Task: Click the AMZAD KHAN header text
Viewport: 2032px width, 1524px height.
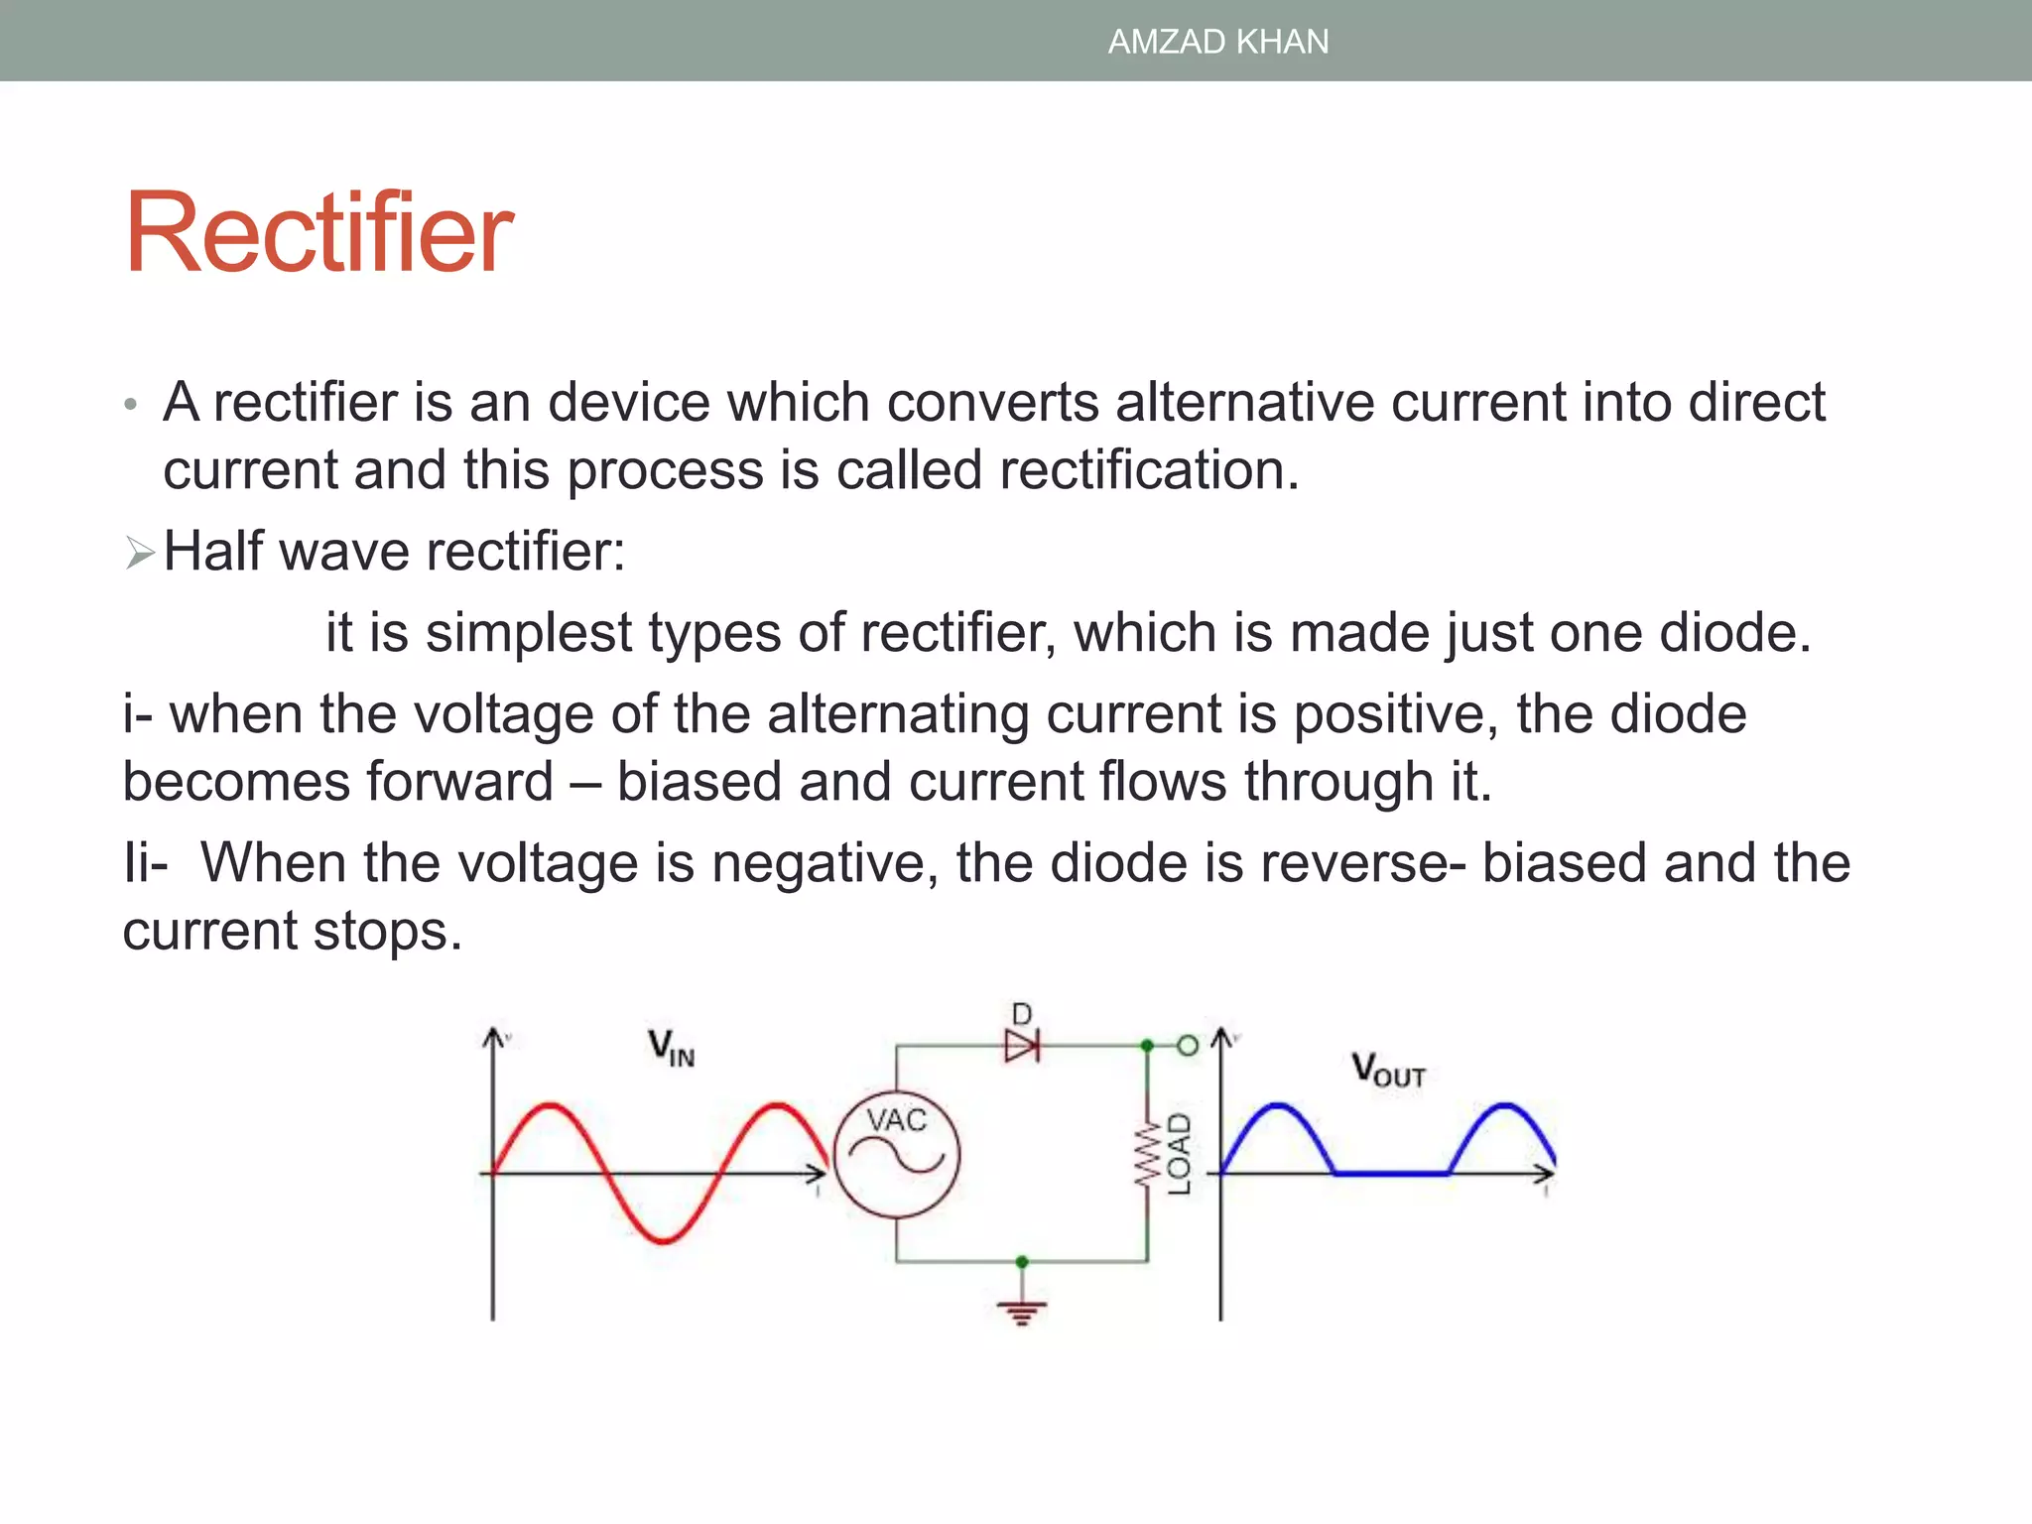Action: click(x=1217, y=42)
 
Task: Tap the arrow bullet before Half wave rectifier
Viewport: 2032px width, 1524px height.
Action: click(x=140, y=553)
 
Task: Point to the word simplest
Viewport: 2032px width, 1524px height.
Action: click(x=529, y=632)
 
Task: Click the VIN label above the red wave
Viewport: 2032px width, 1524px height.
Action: click(x=672, y=1048)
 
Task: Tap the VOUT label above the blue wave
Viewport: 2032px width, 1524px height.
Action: click(x=1388, y=1071)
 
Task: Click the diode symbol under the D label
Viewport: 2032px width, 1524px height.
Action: click(x=1022, y=1046)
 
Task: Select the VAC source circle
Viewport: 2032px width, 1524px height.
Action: click(x=897, y=1154)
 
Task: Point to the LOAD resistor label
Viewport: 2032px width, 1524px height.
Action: click(x=1179, y=1154)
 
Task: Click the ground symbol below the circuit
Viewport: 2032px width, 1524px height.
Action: click(x=1022, y=1314)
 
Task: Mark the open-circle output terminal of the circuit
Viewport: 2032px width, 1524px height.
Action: click(x=1188, y=1046)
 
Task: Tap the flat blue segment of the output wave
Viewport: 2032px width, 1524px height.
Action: click(x=1391, y=1174)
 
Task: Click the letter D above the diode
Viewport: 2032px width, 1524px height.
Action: click(x=1022, y=1014)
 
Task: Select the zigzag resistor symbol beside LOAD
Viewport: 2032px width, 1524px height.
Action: click(x=1148, y=1154)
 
